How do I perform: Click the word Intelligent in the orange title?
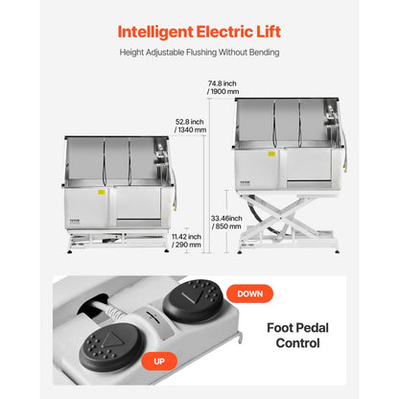click(x=155, y=33)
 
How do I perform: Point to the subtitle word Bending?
click(x=265, y=52)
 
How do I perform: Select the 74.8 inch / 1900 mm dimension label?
click(x=223, y=87)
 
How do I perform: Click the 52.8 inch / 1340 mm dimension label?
click(x=190, y=126)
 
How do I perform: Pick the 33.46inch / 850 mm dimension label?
click(x=226, y=223)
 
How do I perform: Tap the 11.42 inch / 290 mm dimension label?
click(x=186, y=241)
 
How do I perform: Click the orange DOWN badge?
click(x=249, y=293)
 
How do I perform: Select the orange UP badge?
click(x=159, y=362)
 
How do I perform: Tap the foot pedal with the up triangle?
click(x=111, y=346)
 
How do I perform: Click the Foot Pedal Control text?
click(x=297, y=336)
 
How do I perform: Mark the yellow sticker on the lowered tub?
click(x=102, y=192)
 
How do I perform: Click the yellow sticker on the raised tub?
click(x=271, y=153)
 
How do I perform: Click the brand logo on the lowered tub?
click(x=75, y=221)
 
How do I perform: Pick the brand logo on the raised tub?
click(x=246, y=182)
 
